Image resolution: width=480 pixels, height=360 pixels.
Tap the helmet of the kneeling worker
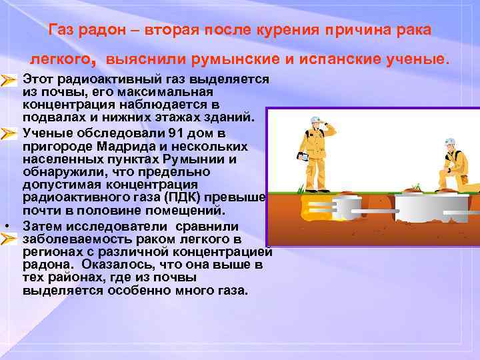(451, 142)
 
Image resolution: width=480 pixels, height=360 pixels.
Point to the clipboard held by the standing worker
(301, 158)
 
